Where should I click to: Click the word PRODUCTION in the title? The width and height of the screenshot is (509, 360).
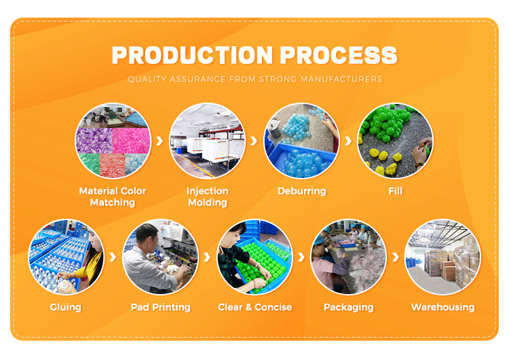pyautogui.click(x=192, y=55)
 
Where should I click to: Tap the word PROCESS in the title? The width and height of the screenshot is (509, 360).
pyautogui.click(x=339, y=55)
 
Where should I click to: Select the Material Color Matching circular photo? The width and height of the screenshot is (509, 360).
pyautogui.click(x=113, y=141)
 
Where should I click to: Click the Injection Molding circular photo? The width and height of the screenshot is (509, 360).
pyautogui.click(x=207, y=141)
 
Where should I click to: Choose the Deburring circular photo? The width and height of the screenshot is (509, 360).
pyautogui.click(x=301, y=141)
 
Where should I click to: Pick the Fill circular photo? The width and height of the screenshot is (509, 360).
pyautogui.click(x=395, y=141)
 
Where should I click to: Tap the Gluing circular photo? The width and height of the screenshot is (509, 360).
pyautogui.click(x=67, y=257)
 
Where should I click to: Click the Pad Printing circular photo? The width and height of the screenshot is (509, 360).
pyautogui.click(x=160, y=257)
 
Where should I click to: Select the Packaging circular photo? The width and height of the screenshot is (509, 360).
pyautogui.click(x=349, y=257)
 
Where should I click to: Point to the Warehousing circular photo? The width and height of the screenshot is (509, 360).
pyautogui.click(x=442, y=257)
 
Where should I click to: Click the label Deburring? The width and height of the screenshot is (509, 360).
pyautogui.click(x=302, y=191)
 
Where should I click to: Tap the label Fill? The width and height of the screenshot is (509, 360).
pyautogui.click(x=396, y=191)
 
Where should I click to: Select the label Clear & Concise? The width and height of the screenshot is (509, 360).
pyautogui.click(x=254, y=307)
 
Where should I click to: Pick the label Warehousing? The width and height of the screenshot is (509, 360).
pyautogui.click(x=442, y=308)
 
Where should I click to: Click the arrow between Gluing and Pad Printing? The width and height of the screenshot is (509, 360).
pyautogui.click(x=113, y=257)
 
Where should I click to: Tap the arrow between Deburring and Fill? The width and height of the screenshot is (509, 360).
pyautogui.click(x=348, y=141)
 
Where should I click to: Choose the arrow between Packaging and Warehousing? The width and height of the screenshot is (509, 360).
pyautogui.click(x=396, y=257)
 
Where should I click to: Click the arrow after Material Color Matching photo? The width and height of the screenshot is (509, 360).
pyautogui.click(x=159, y=141)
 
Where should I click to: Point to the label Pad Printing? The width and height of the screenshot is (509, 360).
pyautogui.click(x=161, y=308)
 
